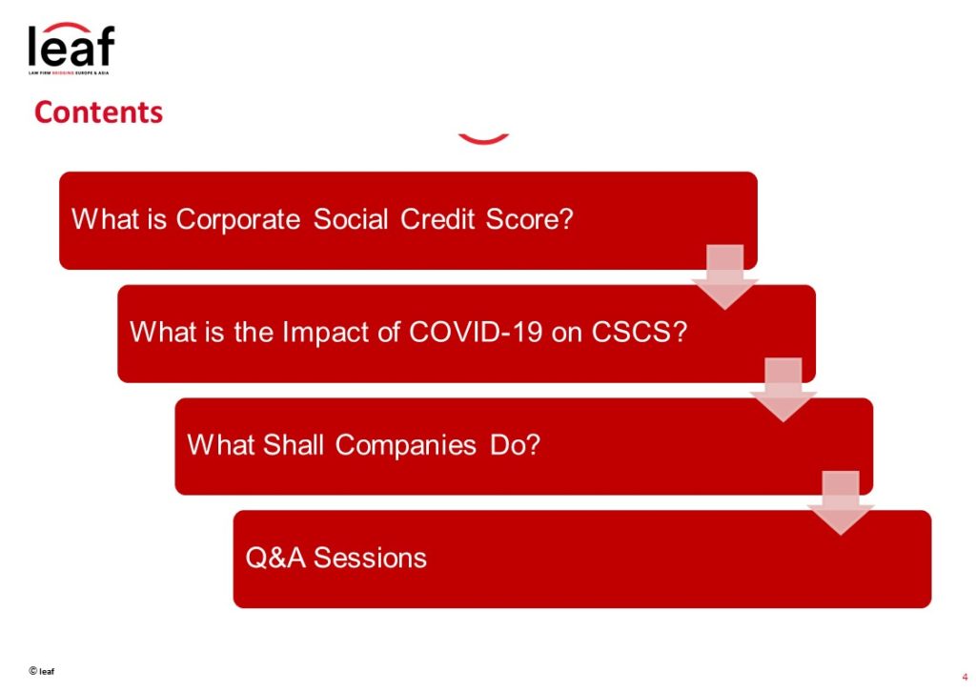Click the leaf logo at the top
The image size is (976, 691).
pos(71,48)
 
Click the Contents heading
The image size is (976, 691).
pos(98,112)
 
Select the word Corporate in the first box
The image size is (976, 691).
pos(237,220)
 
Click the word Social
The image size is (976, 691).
pos(351,219)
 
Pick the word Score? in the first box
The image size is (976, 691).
pos(529,219)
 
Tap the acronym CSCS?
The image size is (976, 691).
pos(640,332)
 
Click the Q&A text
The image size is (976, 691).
pos(275,558)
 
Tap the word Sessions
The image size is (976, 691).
pos(370,558)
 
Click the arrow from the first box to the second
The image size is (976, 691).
pos(724,277)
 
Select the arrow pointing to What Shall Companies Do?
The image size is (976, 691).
pos(783,390)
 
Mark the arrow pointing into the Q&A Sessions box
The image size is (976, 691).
pos(841,503)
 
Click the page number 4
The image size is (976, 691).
pos(965,678)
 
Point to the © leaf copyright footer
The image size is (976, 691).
pos(42,670)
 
